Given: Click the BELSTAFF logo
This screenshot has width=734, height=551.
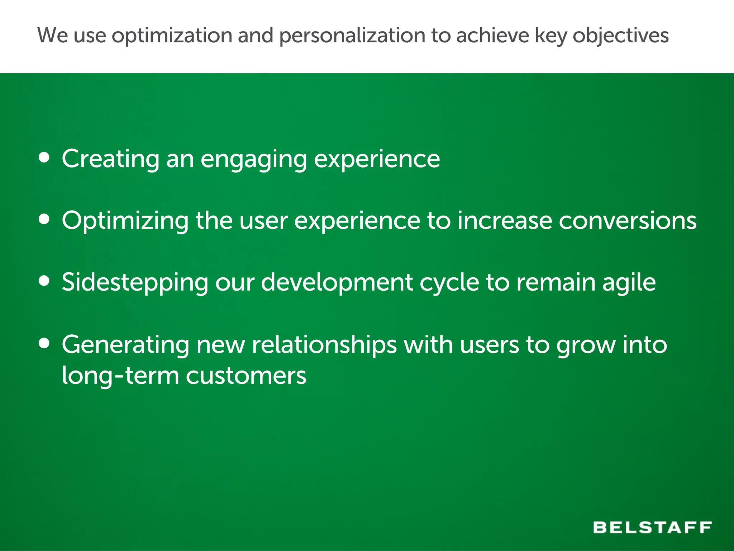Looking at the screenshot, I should click(652, 527).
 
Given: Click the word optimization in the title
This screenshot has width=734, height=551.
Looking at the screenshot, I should click(172, 36).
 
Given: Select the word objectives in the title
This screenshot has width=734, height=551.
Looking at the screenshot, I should click(620, 36).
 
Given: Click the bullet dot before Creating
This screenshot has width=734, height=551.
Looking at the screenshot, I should click(44, 157).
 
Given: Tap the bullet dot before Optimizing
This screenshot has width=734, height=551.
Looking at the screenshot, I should click(44, 219).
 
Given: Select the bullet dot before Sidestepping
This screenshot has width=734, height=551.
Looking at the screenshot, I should click(44, 281).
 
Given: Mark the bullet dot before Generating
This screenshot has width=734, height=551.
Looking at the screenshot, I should click(44, 343).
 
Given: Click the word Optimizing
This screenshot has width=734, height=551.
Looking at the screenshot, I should click(125, 221).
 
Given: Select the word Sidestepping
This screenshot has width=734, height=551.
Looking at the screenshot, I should click(135, 283).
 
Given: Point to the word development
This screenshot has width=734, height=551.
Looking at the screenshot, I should click(337, 283).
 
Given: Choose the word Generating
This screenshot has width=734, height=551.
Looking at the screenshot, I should click(125, 345).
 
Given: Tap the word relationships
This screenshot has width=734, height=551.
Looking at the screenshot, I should click(324, 345).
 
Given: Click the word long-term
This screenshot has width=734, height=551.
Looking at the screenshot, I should click(120, 376).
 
